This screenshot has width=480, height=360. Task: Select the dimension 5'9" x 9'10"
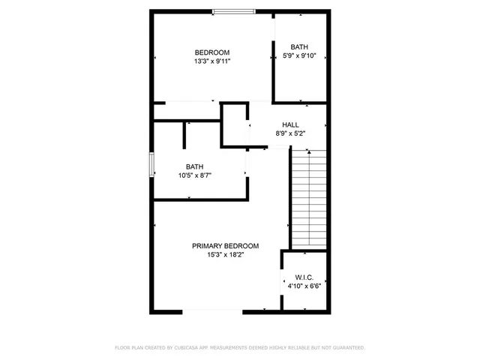pyautogui.click(x=300, y=55)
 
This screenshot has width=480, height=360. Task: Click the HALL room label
pyautogui.click(x=290, y=124)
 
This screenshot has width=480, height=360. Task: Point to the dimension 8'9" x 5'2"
pyautogui.click(x=290, y=133)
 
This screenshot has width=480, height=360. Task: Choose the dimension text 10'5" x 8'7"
pyautogui.click(x=195, y=175)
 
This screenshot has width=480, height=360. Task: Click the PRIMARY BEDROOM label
pyautogui.click(x=225, y=246)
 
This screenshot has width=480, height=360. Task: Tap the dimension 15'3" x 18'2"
pyautogui.click(x=225, y=255)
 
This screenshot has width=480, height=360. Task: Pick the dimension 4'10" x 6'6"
pyautogui.click(x=304, y=285)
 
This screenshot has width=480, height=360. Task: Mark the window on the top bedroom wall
pyautogui.click(x=233, y=10)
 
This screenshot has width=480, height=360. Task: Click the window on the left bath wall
pyautogui.click(x=151, y=165)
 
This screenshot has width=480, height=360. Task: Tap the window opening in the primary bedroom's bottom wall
pyautogui.click(x=213, y=310)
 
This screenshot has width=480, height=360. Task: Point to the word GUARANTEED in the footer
pyautogui.click(x=349, y=348)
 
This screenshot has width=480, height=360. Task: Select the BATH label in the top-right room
pyautogui.click(x=300, y=46)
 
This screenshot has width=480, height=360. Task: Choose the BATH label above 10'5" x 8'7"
pyautogui.click(x=195, y=166)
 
